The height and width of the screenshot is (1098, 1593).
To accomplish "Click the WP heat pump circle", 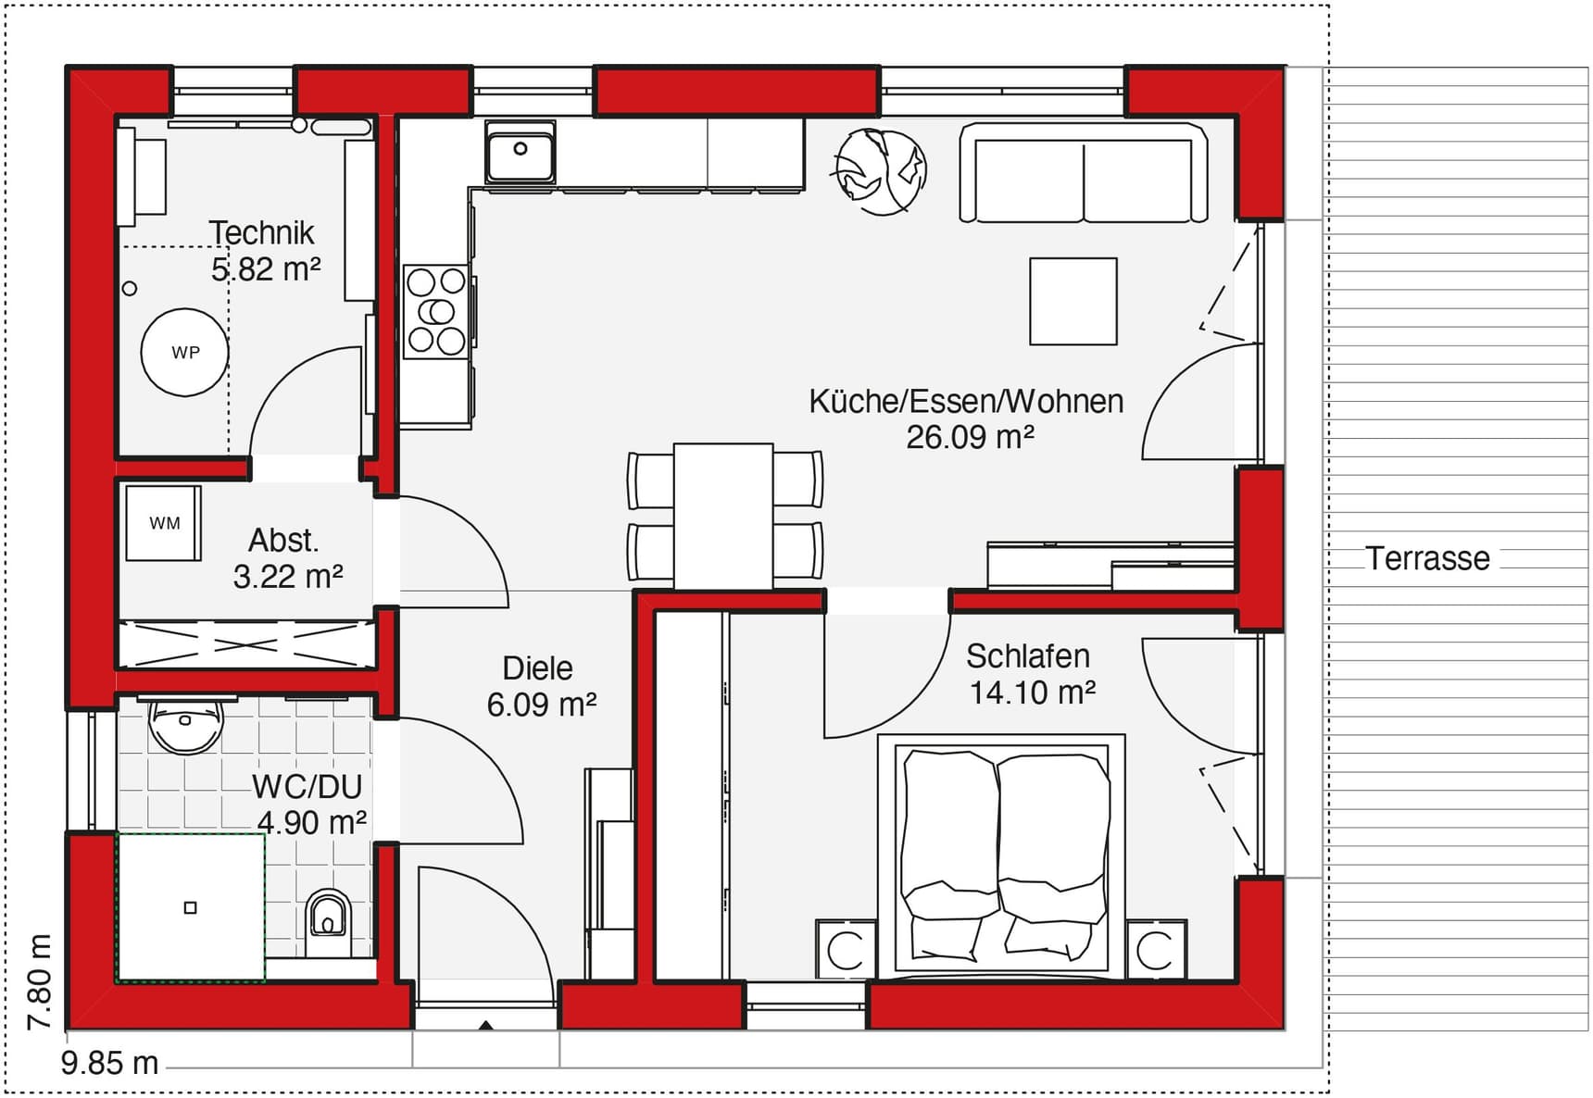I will [184, 353].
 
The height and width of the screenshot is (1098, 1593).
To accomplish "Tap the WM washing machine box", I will [164, 523].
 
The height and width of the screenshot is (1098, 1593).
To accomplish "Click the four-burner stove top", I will [436, 311].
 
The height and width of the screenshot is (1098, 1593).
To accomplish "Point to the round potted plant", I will [881, 171].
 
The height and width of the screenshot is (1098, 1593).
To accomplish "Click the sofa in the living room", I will [1083, 175].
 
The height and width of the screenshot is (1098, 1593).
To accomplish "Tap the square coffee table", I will [1073, 301].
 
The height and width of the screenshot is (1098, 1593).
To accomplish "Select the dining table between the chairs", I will [723, 516].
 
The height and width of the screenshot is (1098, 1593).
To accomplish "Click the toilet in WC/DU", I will [328, 921].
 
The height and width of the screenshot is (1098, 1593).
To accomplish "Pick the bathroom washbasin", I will [186, 723].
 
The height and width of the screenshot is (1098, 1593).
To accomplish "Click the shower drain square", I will [191, 907].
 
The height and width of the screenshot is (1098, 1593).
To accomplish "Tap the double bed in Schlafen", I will [1001, 856].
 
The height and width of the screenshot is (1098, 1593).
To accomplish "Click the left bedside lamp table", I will [846, 949].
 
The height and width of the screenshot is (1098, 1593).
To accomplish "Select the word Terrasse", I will [1427, 558].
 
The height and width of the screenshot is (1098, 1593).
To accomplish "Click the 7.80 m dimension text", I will [39, 982].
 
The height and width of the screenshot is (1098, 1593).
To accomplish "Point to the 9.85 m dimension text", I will [110, 1063].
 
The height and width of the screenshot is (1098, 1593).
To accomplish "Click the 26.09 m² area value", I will [970, 437].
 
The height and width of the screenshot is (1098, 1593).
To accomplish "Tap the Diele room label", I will [537, 668].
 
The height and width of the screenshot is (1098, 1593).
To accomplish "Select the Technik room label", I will [261, 232].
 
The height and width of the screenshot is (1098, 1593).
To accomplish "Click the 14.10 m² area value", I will [1033, 692].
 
